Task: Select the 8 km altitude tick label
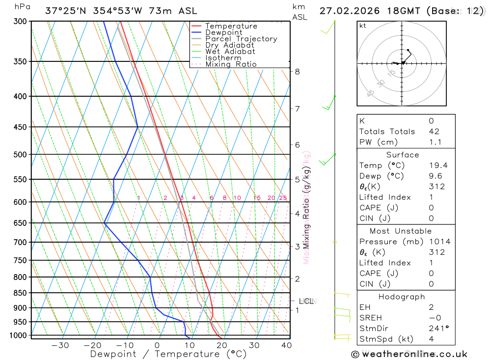(x=297, y=72)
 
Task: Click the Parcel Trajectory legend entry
(x=241, y=39)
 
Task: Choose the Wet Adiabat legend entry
(x=230, y=52)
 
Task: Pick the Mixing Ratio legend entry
(x=231, y=64)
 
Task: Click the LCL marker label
(x=306, y=301)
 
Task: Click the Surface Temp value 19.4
(x=438, y=166)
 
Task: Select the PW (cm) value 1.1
(x=435, y=142)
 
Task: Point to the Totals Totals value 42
(x=434, y=132)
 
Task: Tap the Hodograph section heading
(x=402, y=297)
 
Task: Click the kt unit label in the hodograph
(x=363, y=26)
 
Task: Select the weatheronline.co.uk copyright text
(x=409, y=354)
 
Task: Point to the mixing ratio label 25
(x=283, y=198)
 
